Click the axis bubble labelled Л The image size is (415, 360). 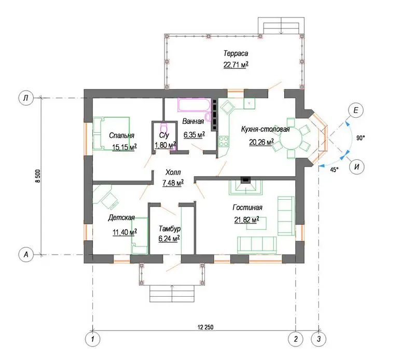[26, 98]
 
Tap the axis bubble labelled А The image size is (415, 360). [26, 255]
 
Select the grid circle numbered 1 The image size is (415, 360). [93, 339]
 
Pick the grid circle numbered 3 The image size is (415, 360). [319, 339]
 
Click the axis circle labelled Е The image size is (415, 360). [356, 110]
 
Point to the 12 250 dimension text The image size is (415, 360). [205, 327]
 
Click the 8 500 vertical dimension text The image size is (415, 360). [38, 176]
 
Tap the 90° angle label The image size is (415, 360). [361, 138]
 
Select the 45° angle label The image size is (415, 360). [334, 170]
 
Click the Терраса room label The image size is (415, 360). [236, 53]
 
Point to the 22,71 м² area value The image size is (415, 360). [236, 65]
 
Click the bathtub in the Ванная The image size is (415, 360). [195, 105]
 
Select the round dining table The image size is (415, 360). [291, 138]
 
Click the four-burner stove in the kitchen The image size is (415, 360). [224, 141]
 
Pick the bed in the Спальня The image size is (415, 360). [111, 134]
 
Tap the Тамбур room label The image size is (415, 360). [170, 228]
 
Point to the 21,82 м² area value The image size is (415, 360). [246, 220]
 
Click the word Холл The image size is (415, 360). [173, 172]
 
